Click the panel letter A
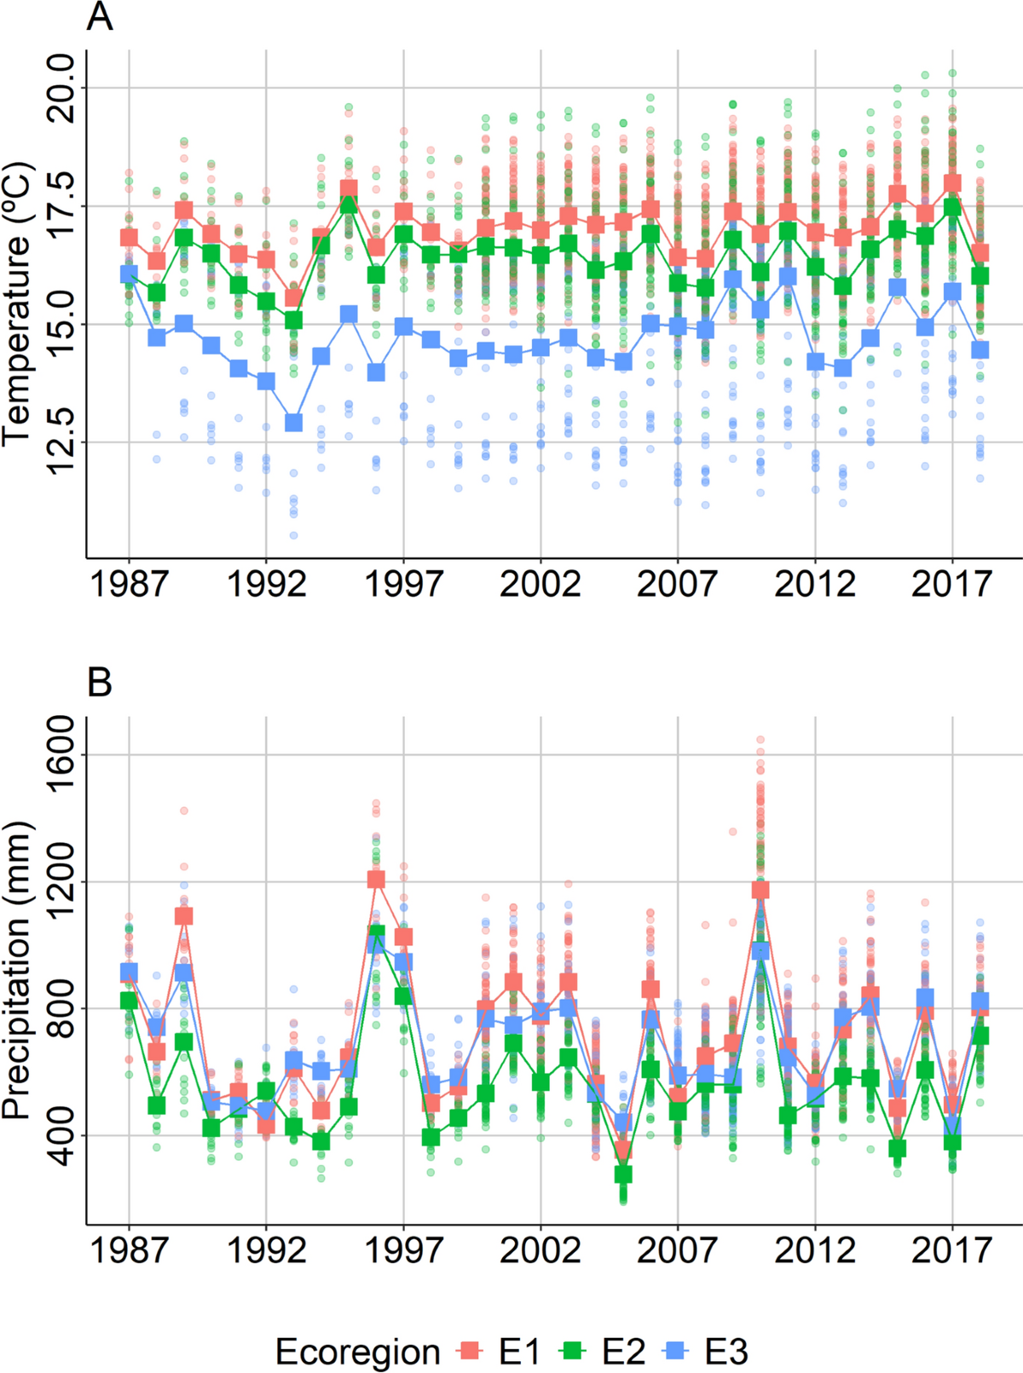[x=100, y=17]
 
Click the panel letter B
[x=100, y=682]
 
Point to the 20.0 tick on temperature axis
[x=61, y=87]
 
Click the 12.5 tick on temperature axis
[x=61, y=441]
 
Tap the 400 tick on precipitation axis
[x=61, y=1135]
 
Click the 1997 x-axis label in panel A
[x=403, y=585]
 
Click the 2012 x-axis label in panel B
[x=815, y=1250]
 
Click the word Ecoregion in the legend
[x=357, y=1352]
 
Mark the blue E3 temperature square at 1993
[x=293, y=423]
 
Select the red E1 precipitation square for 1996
[x=376, y=879]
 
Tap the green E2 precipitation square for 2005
[x=623, y=1174]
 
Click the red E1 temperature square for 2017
[x=952, y=183]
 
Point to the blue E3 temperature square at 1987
[x=129, y=274]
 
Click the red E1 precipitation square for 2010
[x=760, y=890]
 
